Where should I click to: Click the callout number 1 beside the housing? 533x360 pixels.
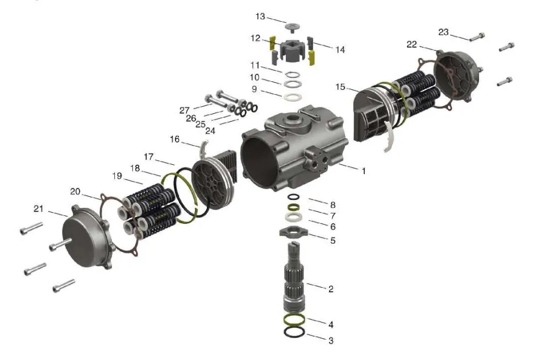(363, 171)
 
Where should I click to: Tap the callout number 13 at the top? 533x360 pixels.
(260, 16)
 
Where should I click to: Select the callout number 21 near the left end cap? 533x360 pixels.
(39, 208)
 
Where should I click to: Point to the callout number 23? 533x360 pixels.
(443, 32)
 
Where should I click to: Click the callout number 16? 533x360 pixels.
(174, 139)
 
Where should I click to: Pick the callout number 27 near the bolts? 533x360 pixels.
(184, 110)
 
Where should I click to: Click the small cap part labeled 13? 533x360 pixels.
(292, 27)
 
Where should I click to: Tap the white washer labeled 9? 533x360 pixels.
(293, 97)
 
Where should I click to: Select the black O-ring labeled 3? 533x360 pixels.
(294, 332)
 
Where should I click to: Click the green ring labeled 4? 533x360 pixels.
(294, 320)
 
